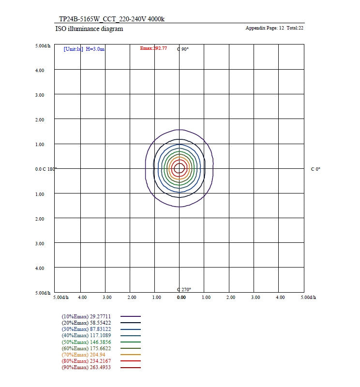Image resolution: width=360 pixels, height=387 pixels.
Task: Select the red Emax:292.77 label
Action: (153, 48)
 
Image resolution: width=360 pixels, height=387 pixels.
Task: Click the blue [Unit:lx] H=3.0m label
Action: (84, 49)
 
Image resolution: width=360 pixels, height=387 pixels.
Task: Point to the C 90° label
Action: (183, 49)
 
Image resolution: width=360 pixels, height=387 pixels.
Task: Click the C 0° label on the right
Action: (315, 169)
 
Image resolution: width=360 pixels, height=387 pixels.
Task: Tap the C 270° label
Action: (184, 289)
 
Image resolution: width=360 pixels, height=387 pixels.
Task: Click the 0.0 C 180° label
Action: (46, 169)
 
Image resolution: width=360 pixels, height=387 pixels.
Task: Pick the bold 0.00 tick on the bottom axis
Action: (181, 298)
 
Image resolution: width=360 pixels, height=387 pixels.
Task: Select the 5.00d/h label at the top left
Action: (43, 45)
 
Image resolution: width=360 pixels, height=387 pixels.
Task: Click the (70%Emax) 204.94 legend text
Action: (84, 355)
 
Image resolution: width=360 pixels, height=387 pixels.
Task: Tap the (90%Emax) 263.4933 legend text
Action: (86, 368)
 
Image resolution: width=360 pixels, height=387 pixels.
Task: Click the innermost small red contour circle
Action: (180, 168)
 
